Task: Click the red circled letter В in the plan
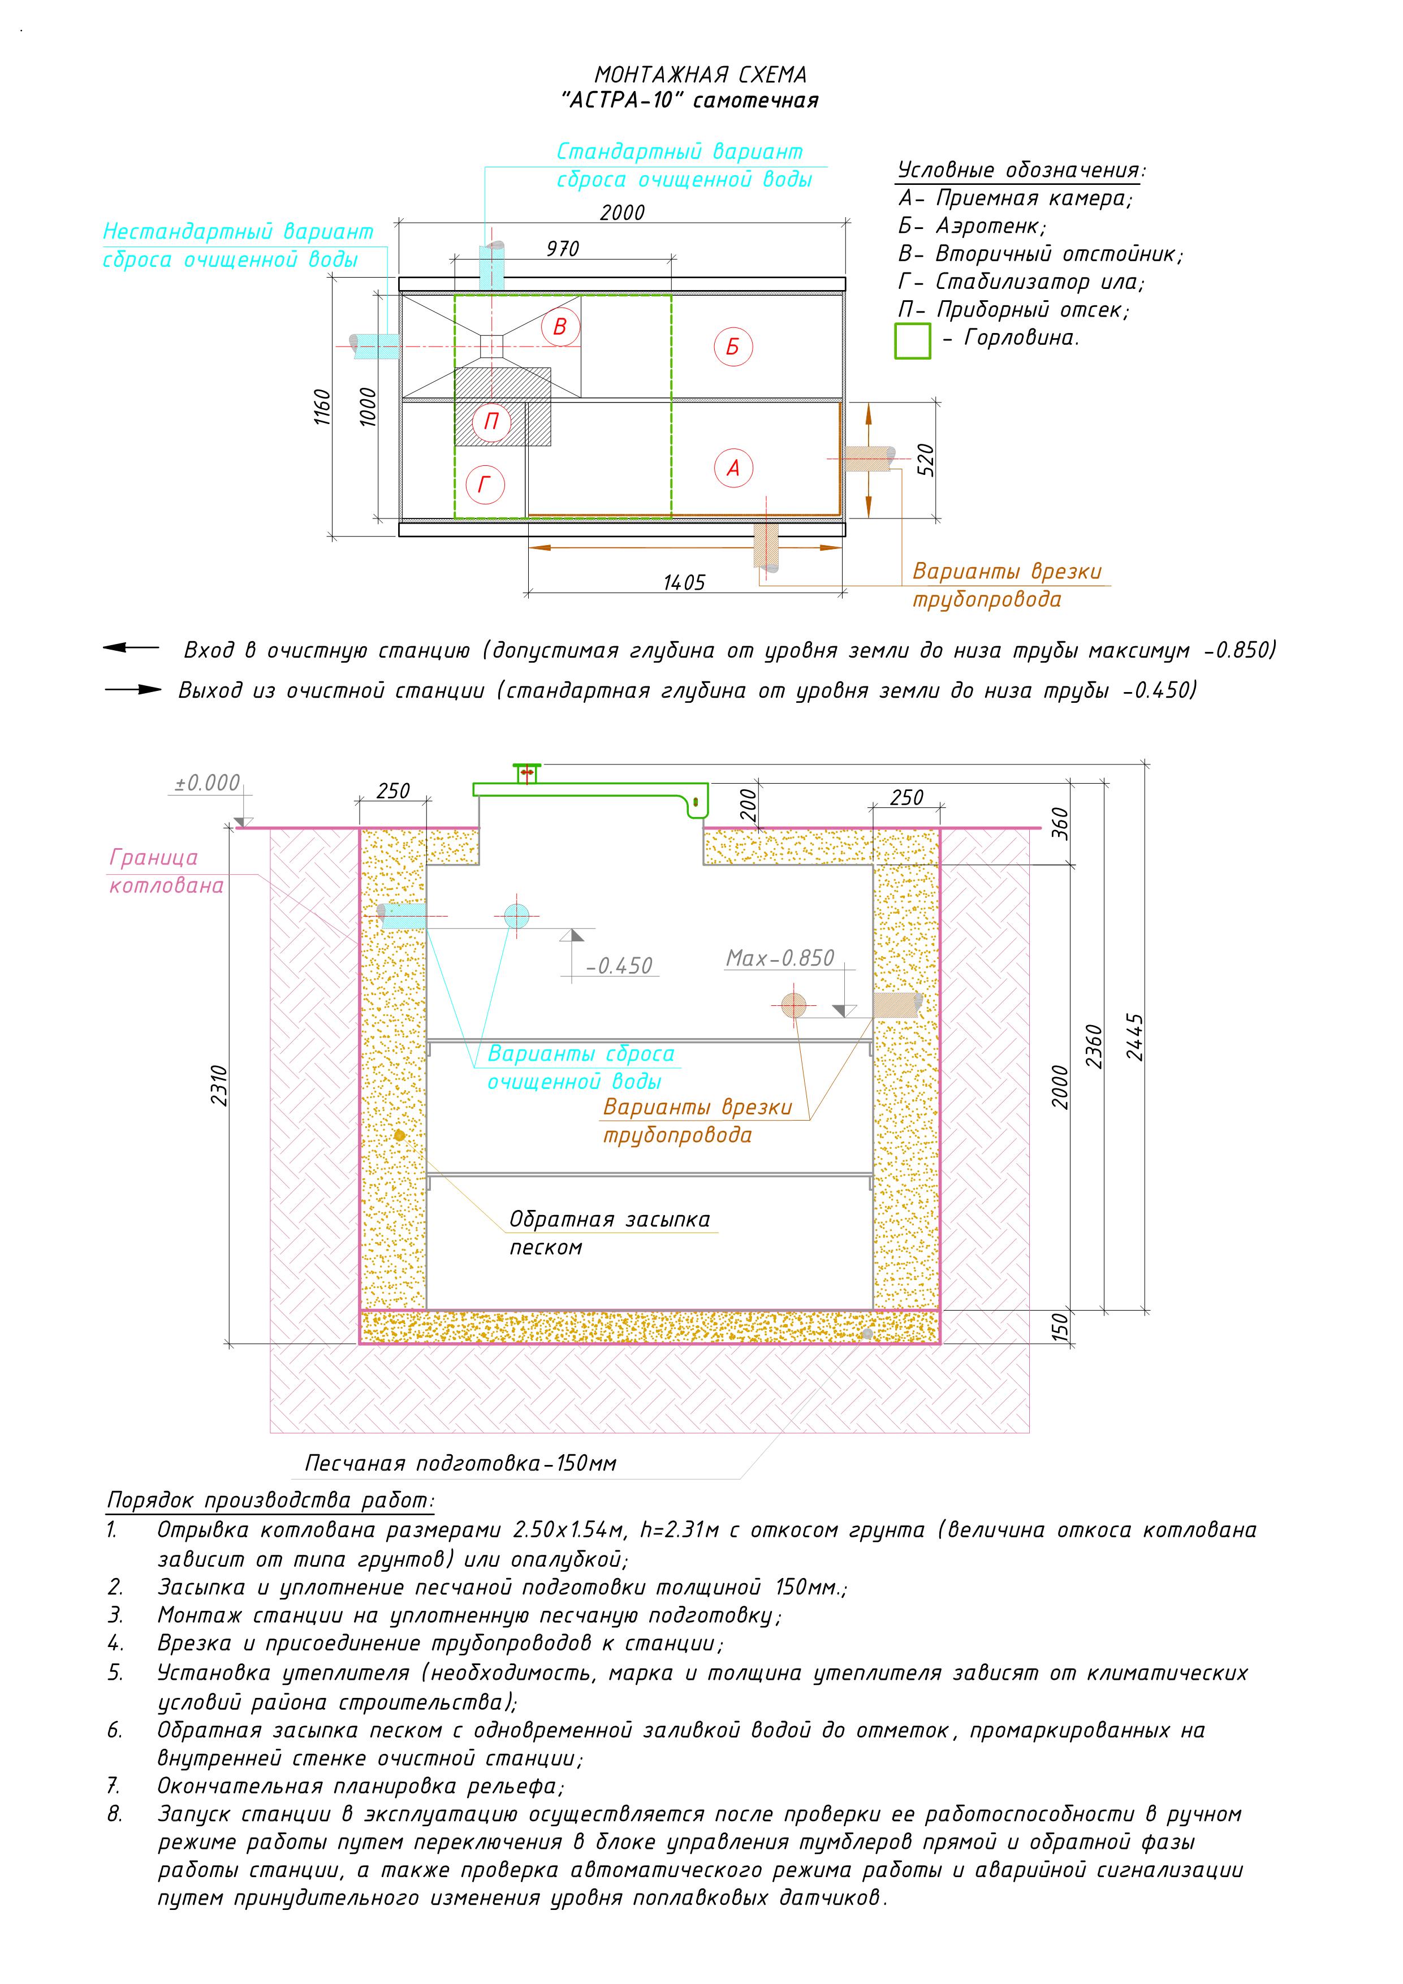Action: point(560,327)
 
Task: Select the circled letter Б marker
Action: point(733,347)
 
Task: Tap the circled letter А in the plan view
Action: point(733,468)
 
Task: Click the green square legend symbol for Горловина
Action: point(912,340)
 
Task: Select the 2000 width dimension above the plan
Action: point(623,213)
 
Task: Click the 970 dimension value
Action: point(563,249)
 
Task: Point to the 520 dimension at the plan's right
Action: point(925,460)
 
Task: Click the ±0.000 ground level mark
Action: point(208,783)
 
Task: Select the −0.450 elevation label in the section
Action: point(619,966)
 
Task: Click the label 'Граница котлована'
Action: point(167,871)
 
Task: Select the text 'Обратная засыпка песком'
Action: point(610,1233)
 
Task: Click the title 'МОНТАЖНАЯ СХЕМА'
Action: point(701,75)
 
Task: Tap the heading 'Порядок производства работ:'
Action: point(270,1500)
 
